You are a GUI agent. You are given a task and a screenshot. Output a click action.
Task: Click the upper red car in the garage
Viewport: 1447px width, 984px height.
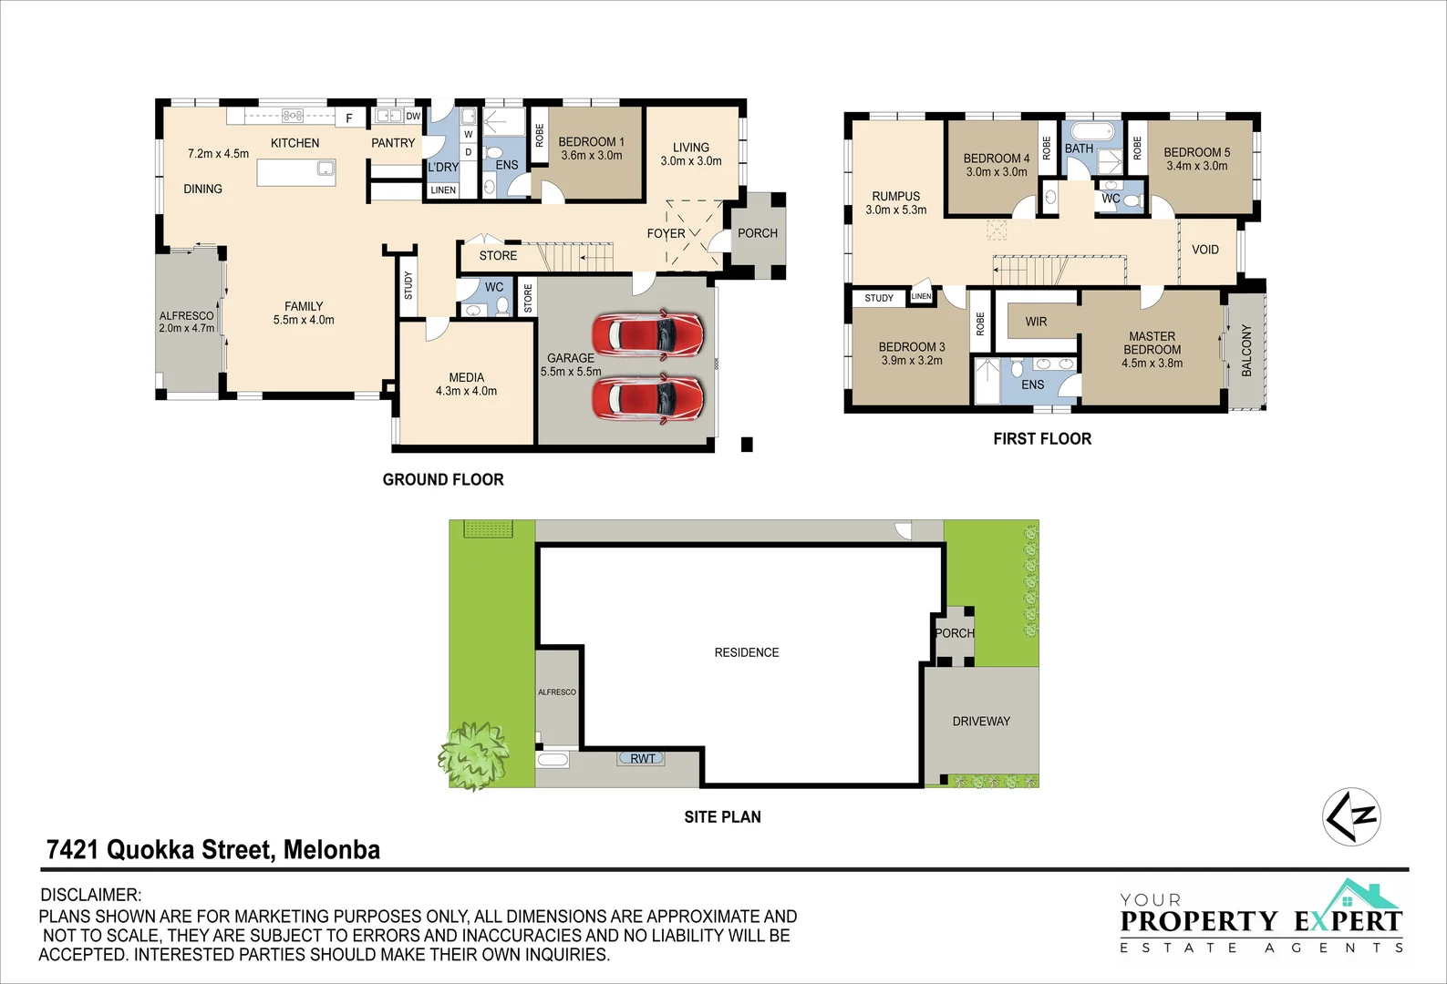click(647, 334)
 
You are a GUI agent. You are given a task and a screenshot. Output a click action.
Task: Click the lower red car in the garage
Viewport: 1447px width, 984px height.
click(647, 399)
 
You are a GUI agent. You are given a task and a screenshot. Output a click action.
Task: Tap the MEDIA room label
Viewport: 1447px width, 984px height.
click(466, 377)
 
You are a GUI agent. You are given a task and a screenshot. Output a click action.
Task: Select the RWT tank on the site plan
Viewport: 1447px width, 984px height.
click(642, 758)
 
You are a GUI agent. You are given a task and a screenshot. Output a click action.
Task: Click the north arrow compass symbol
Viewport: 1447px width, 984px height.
click(1351, 816)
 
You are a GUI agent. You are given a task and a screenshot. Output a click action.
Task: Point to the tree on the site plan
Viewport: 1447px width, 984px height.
click(473, 755)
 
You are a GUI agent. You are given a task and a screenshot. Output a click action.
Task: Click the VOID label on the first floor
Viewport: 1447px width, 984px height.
click(1204, 250)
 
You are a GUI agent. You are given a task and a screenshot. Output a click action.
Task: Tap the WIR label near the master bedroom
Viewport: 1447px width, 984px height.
click(1036, 322)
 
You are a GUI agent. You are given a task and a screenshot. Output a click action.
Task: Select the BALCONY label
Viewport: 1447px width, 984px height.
click(1246, 350)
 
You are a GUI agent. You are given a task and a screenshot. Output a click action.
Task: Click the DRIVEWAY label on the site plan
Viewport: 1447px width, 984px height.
click(981, 721)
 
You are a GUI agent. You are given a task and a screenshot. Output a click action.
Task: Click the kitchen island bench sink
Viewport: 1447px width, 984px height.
click(325, 169)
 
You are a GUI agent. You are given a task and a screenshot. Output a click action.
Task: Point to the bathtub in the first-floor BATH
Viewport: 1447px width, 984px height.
click(1090, 129)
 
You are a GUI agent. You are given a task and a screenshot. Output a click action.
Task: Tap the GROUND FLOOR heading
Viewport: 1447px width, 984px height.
click(443, 479)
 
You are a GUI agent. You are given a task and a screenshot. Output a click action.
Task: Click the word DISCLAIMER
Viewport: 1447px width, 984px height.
click(91, 895)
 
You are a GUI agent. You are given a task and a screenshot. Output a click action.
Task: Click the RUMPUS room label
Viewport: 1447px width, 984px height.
click(895, 196)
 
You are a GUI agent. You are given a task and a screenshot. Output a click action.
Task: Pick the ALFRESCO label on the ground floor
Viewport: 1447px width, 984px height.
click(186, 316)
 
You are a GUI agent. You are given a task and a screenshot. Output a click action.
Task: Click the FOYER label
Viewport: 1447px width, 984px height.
click(666, 233)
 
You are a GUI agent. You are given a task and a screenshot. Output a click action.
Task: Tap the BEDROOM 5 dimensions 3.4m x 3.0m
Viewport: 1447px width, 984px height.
click(1196, 166)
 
